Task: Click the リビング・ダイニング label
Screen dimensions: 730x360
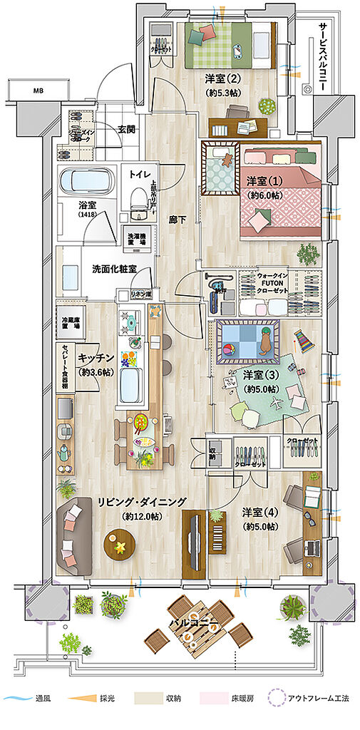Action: pyautogui.click(x=142, y=502)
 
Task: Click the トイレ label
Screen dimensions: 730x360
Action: pyautogui.click(x=139, y=173)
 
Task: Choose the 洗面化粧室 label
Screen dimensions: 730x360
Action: pyautogui.click(x=114, y=270)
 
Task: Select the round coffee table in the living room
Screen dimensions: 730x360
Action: pyautogui.click(x=120, y=546)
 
